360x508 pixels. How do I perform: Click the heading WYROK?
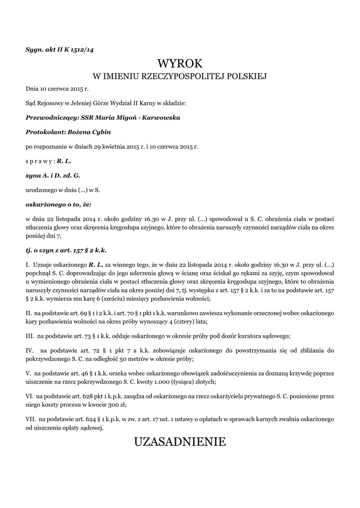pos(180,63)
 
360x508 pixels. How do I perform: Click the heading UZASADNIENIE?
pos(180,441)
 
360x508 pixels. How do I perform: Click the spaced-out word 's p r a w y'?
pos(39,161)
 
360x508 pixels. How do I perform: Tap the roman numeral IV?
pos(30,350)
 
